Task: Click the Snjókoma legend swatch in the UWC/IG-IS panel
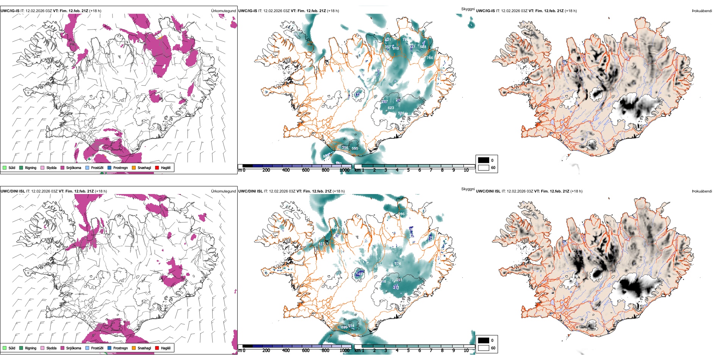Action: pos(63,167)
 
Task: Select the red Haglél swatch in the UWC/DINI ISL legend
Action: pos(157,348)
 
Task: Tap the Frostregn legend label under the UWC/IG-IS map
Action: pos(121,168)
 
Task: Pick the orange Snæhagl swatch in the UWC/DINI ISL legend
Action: pos(134,348)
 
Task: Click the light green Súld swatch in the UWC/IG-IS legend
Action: pos(5,167)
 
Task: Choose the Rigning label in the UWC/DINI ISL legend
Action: pos(31,348)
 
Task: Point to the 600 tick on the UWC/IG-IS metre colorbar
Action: pos(306,170)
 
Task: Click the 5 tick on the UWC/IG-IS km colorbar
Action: pos(408,170)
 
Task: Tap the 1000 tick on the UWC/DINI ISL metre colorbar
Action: pos(344,351)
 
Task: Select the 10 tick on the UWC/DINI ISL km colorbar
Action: pos(466,351)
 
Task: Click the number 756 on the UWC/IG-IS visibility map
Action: pos(430,58)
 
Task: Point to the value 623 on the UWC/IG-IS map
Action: pos(391,108)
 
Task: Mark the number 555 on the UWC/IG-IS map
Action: pos(355,149)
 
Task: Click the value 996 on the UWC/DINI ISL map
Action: pos(402,214)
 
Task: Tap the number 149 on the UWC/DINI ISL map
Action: pos(359,274)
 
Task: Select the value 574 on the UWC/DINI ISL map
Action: pos(398,264)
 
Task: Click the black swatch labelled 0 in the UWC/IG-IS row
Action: pos(484,160)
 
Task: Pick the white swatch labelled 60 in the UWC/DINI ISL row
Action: pos(484,348)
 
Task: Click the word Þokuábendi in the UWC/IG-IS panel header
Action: pos(702,11)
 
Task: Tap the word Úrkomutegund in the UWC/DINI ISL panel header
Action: pos(223,191)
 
